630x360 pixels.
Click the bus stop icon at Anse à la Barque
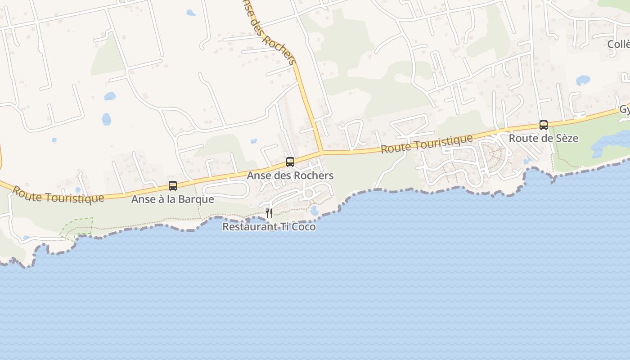coord(173,185)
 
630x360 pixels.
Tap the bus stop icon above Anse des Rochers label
coord(290,162)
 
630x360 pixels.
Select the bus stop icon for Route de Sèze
coord(544,125)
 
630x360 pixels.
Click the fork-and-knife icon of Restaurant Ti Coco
coord(269,213)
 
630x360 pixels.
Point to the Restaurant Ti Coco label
coord(269,227)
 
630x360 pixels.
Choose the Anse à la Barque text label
coord(173,199)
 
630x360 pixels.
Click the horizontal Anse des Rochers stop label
coord(290,175)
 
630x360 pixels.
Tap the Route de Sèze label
coord(544,138)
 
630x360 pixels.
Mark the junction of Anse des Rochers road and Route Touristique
coord(321,152)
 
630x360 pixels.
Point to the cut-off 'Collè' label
coord(618,45)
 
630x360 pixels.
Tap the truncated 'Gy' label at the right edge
coord(624,110)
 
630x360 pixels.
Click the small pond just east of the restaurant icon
coord(315,211)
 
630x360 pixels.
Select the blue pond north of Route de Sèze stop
coord(583,80)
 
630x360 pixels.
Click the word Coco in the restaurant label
coord(304,227)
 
